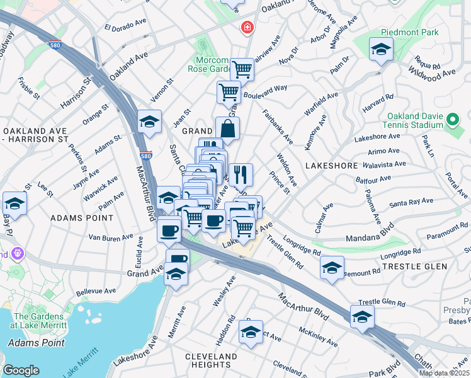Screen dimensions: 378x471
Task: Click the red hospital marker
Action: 247,28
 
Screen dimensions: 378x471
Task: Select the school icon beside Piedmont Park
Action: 381,50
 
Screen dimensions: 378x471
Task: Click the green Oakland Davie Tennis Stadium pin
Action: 452,119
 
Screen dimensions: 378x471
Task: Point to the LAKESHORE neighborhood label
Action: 331,165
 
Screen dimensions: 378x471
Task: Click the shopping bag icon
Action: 227,129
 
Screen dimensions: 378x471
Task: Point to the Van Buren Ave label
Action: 110,237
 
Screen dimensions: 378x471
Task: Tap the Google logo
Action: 21,370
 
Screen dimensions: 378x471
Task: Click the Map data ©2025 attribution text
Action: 443,373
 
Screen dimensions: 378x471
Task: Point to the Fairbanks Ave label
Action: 277,125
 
